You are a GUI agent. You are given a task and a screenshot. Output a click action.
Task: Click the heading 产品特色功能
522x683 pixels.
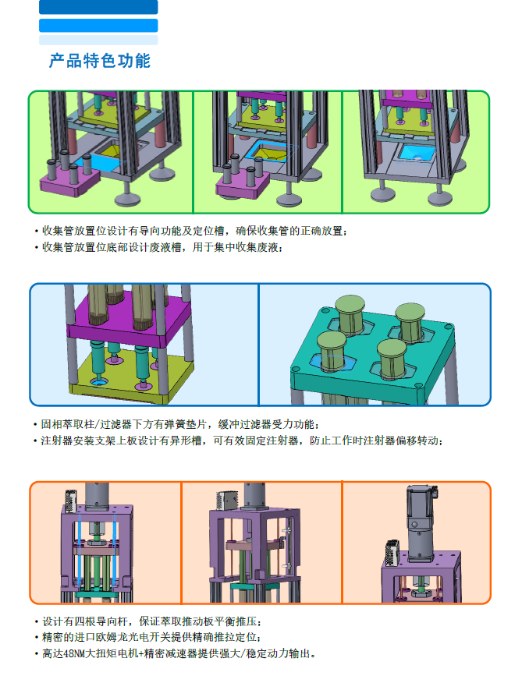click(x=99, y=61)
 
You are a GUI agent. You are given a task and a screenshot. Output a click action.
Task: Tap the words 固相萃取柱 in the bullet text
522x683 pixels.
click(x=62, y=425)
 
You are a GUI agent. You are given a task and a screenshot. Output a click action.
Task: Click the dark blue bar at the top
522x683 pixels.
click(x=98, y=7)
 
